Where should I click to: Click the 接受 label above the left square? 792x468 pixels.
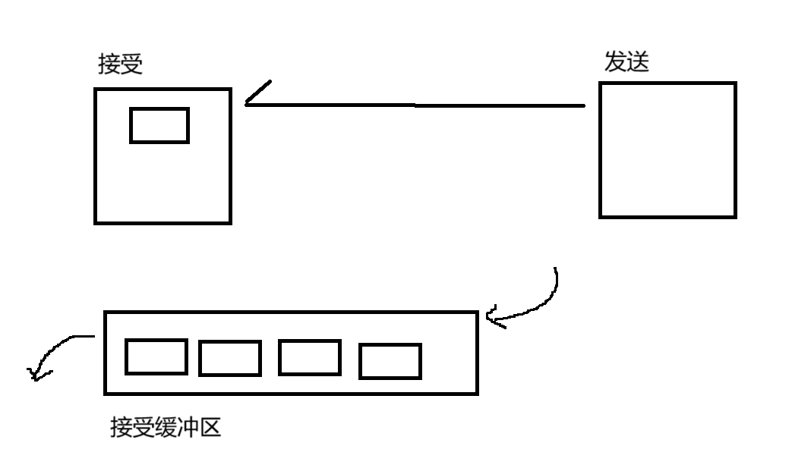[x=120, y=64]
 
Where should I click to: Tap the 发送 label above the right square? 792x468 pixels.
[x=626, y=61]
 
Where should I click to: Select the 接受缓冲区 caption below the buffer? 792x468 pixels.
[x=166, y=429]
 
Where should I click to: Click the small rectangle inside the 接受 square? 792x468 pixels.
[x=159, y=125]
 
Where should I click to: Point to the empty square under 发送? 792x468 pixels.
[x=667, y=150]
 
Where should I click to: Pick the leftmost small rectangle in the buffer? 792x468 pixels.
[x=156, y=356]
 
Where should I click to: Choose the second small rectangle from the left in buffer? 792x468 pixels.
[x=230, y=358]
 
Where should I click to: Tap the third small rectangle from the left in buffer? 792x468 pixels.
[x=309, y=357]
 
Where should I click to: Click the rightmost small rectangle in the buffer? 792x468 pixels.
[x=390, y=361]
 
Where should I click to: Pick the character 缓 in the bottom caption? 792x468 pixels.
[x=166, y=429]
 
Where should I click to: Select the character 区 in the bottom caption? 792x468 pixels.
[x=210, y=429]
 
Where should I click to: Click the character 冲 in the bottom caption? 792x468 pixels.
[x=188, y=429]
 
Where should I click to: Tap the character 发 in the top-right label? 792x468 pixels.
[x=615, y=61]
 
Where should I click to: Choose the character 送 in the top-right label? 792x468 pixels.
[x=638, y=61]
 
